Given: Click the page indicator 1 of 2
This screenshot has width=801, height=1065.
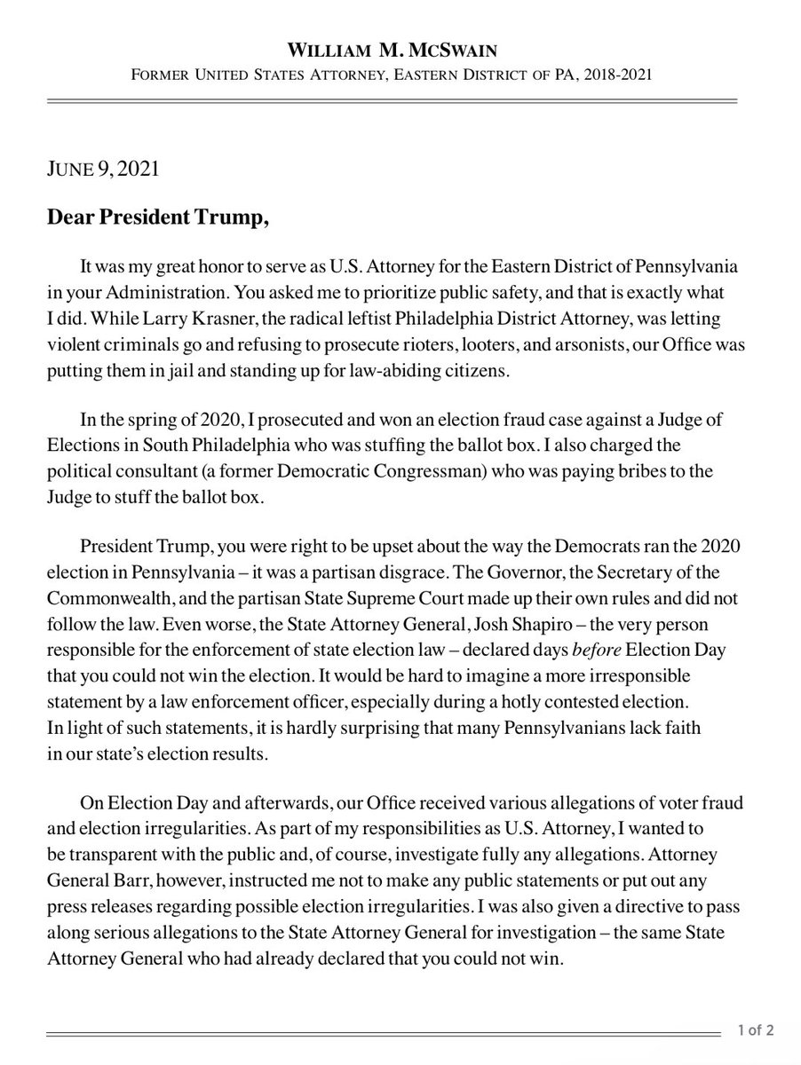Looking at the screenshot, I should click(755, 1030).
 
